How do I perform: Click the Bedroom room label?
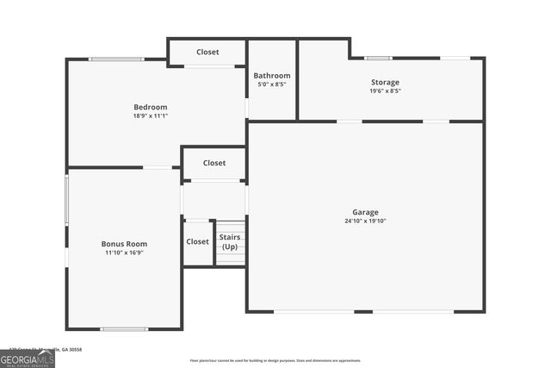coord(150,106)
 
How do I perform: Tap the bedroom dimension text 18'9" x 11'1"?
coord(150,115)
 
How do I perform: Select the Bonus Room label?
coord(124,244)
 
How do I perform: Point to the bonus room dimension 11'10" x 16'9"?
coord(124,253)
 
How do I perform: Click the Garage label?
coord(365,212)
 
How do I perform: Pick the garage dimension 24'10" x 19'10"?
coord(365,221)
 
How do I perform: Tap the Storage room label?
coord(385,82)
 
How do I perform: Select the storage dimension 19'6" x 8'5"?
coord(385,90)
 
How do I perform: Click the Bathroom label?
coord(271,76)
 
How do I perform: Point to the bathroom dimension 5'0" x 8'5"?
coord(271,84)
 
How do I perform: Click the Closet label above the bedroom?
coord(207,53)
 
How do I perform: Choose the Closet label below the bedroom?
coord(214,163)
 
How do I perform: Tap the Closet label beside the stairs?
coord(197,241)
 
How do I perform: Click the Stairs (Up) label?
coord(230,241)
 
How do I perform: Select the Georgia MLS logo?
coord(28,359)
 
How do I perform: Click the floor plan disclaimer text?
coord(275,360)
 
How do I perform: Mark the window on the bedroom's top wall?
coord(117,59)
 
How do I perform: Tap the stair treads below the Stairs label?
coord(231,258)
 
